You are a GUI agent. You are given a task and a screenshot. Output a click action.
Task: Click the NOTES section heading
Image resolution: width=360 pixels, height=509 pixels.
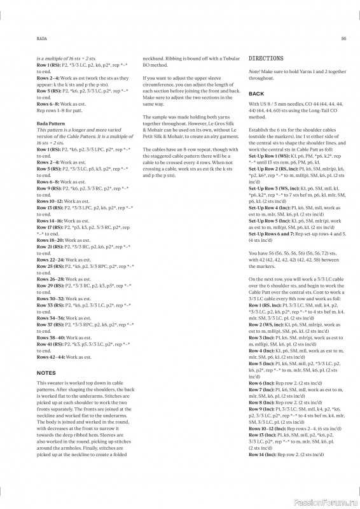coord(46,372)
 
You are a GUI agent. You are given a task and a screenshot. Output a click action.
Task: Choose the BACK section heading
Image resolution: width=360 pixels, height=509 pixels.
coord(256,94)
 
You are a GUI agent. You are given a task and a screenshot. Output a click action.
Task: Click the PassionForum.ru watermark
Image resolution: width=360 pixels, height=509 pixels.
coord(328,501)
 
